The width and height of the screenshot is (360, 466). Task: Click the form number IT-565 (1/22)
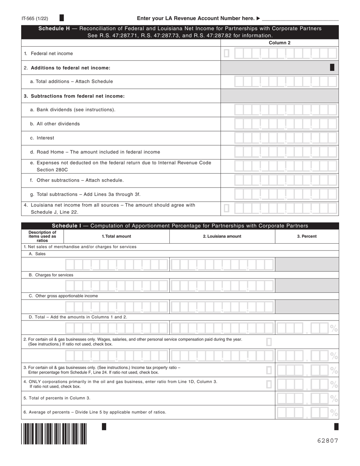tap(35, 18)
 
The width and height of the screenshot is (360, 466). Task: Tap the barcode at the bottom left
tap(54, 434)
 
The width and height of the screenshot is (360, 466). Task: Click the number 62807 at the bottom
tap(327, 441)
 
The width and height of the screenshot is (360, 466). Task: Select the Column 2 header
tap(279, 43)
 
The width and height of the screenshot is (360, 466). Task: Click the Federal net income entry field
tap(285, 53)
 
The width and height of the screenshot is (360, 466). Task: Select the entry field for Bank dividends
tap(285, 110)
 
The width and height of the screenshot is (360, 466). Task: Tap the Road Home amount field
tap(285, 152)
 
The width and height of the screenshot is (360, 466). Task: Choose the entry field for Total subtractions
tap(285, 194)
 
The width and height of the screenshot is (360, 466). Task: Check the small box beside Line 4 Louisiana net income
tap(227, 208)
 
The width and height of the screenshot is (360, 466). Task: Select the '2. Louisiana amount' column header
tap(222, 236)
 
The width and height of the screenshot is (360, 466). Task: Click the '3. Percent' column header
tap(307, 236)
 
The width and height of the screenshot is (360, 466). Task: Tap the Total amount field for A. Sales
tap(116, 264)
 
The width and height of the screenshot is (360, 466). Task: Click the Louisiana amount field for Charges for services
tap(222, 285)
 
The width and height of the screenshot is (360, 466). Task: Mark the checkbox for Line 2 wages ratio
tap(269, 342)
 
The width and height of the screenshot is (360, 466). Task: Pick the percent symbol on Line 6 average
tap(334, 413)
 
